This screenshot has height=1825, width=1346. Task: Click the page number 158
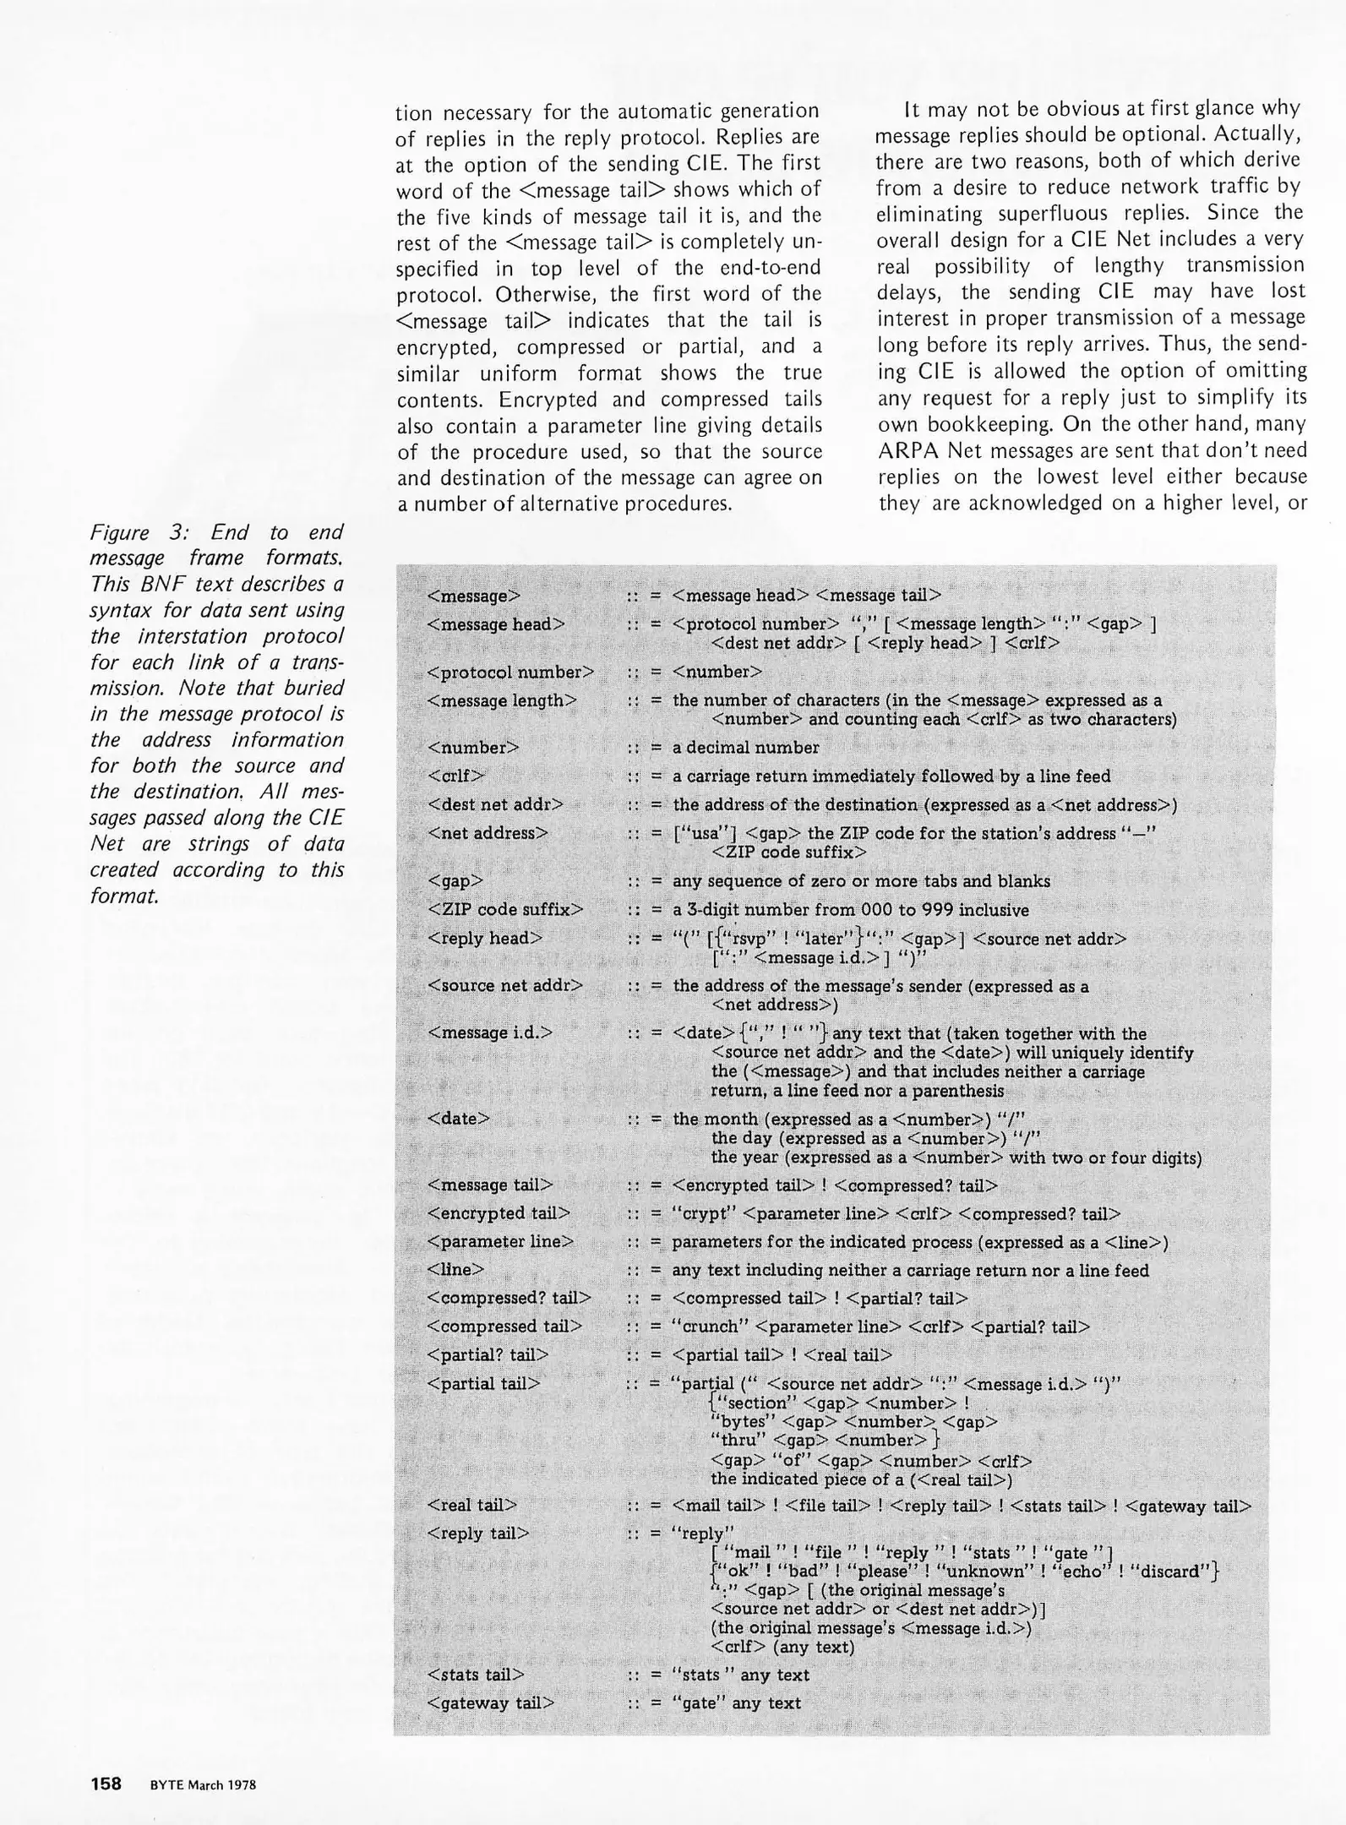pos(106,1784)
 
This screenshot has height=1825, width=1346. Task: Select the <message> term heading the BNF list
pos(473,596)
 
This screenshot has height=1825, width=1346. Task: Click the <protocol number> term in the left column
pos(510,673)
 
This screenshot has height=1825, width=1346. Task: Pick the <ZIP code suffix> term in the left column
pos(505,910)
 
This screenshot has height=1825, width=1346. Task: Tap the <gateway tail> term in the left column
pos(491,1703)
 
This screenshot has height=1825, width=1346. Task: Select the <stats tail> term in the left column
pos(476,1675)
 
